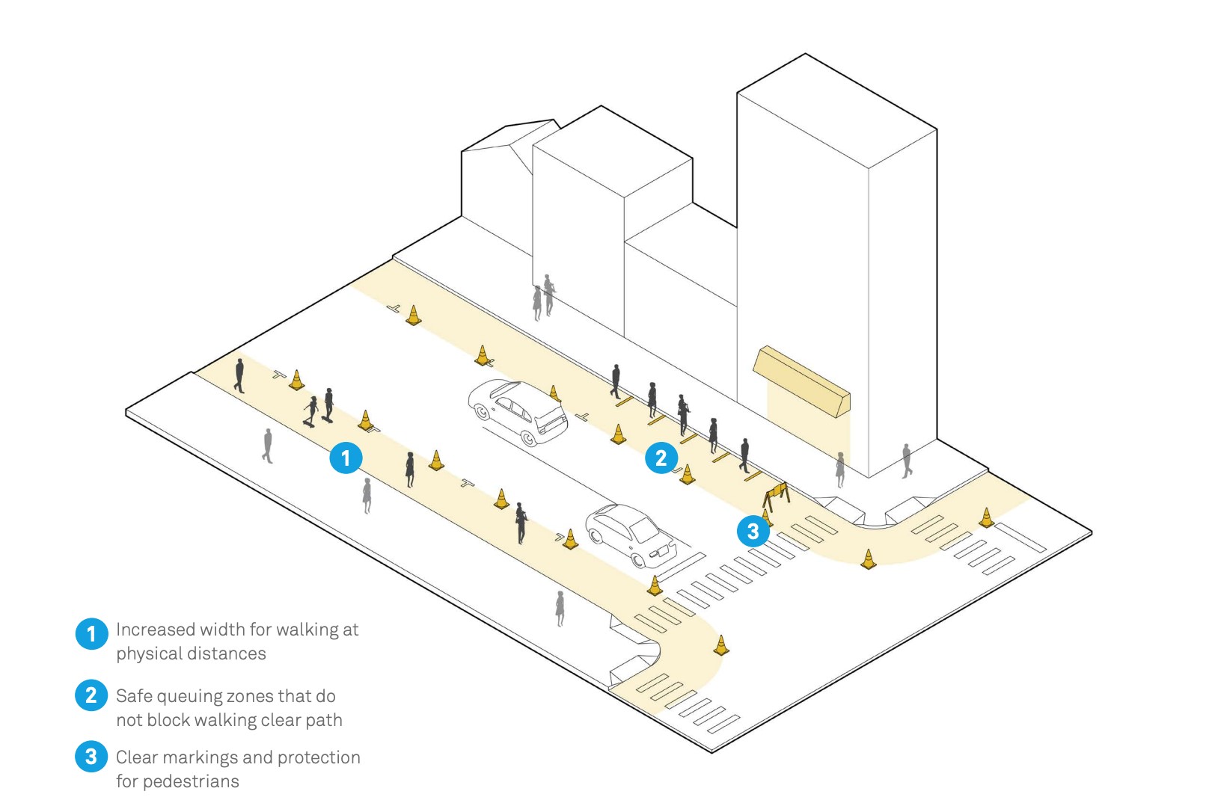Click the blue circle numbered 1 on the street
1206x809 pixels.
click(x=346, y=458)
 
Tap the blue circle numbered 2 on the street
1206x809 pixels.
click(x=661, y=458)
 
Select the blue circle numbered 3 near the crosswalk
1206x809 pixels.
click(x=753, y=531)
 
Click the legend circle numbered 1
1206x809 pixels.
click(x=91, y=633)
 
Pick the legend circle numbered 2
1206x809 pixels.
click(x=91, y=695)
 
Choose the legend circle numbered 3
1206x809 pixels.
click(x=91, y=756)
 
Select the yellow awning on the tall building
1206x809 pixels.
click(x=801, y=381)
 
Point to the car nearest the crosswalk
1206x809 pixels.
click(x=631, y=536)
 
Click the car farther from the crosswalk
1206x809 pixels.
click(x=518, y=412)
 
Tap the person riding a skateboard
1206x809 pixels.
click(x=310, y=411)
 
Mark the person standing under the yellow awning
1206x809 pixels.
click(x=840, y=470)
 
